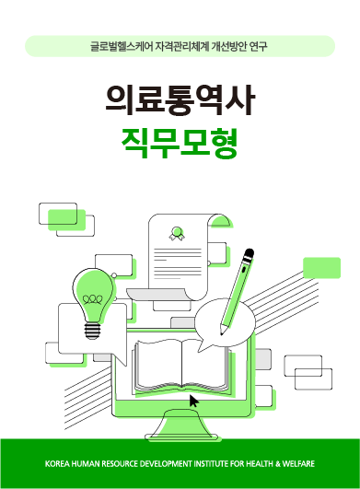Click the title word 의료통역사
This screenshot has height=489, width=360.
(180, 99)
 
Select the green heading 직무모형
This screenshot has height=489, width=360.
(180, 141)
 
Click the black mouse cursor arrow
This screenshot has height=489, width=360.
(193, 401)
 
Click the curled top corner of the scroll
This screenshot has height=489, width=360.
(217, 218)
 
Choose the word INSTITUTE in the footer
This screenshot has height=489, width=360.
(213, 462)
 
